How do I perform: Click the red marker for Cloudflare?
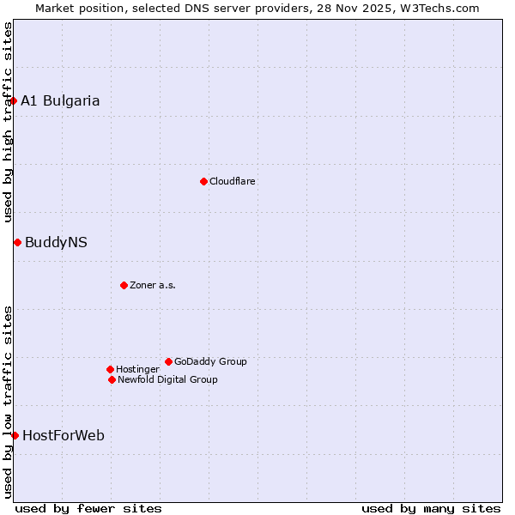coord(203,181)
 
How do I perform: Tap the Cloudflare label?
coord(233,181)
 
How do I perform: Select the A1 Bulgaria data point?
coord(13,100)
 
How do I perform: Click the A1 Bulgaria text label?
coord(60,100)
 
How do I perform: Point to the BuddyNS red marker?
coord(17,242)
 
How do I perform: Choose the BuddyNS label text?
coord(56,242)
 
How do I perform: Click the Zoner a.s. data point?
coord(124,285)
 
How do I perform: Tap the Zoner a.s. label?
coord(153,285)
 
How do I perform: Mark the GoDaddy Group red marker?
coord(168,361)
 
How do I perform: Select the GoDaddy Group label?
coord(210,361)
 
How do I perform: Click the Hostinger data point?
coord(110,369)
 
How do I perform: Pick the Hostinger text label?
coord(137,369)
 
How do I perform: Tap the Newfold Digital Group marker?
coord(112,379)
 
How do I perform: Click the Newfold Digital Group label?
coord(167,379)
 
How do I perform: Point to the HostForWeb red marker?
coord(15,435)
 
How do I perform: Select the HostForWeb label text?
coord(64,435)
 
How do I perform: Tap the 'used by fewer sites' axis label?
coord(88,508)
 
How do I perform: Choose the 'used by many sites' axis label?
coord(431,508)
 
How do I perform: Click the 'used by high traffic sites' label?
coord(8,122)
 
